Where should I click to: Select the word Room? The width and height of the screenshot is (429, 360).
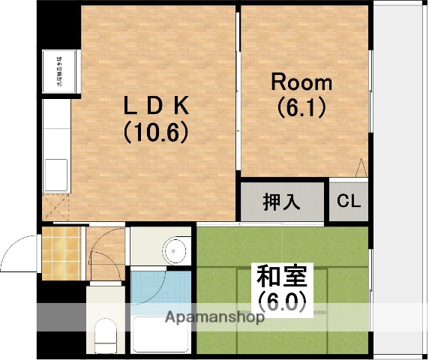[x=301, y=82]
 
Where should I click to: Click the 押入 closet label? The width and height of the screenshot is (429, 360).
[x=281, y=202]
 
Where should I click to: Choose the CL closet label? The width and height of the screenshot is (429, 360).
[x=347, y=202]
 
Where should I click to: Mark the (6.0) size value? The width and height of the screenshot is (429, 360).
[x=283, y=301]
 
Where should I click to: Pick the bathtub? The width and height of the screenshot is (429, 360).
[x=161, y=334]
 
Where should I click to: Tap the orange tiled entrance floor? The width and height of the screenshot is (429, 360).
[x=61, y=252]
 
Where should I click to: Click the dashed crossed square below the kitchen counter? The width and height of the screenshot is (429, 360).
[x=57, y=205]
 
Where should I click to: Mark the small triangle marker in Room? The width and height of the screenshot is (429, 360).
[x=361, y=168]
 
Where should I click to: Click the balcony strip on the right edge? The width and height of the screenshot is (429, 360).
[x=398, y=180]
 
